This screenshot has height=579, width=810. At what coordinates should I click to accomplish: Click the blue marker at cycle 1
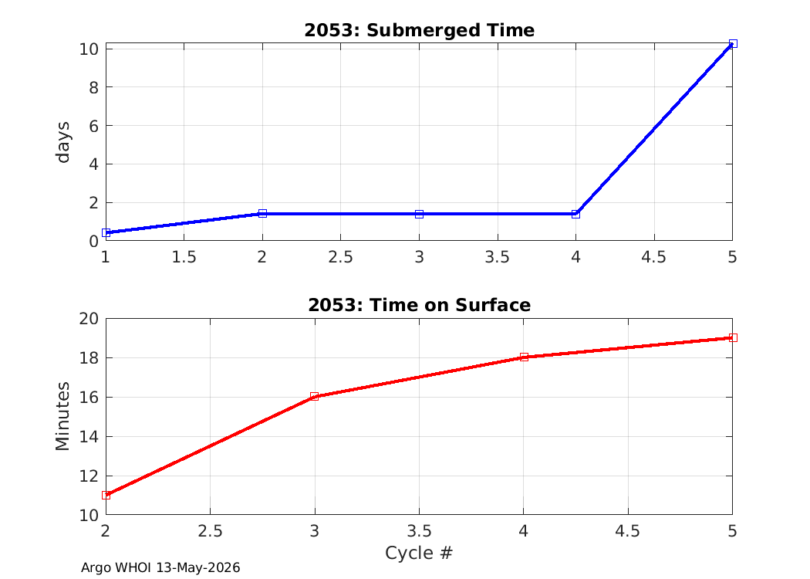106,232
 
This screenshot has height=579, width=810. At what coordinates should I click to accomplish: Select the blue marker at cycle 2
262,214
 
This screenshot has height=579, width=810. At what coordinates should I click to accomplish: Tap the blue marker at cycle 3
420,214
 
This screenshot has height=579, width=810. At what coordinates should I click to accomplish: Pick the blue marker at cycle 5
733,44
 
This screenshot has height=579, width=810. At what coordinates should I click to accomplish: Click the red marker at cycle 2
106,496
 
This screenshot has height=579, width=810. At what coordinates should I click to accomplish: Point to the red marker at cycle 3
315,397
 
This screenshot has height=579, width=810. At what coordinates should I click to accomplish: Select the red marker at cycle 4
524,357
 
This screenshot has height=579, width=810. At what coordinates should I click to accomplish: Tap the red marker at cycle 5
733,337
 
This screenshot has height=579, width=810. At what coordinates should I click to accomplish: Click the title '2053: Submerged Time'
419,30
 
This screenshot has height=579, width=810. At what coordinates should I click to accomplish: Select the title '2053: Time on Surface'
419,305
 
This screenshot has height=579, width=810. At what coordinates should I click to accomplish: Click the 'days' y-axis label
62,142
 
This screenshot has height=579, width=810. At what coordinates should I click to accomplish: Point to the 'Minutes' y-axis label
62,416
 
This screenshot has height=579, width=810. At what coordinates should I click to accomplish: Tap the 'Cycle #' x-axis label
419,553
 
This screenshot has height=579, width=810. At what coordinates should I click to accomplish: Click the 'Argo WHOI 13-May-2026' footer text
160,567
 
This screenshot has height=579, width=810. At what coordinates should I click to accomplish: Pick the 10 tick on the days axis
89,49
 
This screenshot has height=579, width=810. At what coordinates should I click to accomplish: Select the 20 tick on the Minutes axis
89,318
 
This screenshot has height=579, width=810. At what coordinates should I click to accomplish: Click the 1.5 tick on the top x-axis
184,257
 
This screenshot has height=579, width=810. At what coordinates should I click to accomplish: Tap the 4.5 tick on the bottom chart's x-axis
628,531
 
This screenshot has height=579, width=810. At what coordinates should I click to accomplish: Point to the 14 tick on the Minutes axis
89,436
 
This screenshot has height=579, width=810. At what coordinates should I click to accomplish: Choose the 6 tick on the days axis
93,126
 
